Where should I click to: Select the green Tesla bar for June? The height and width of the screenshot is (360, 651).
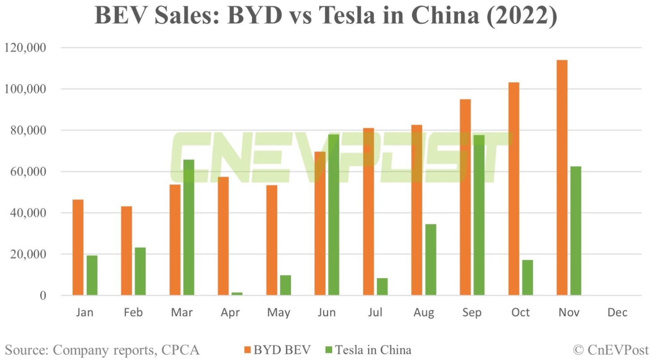click(334, 215)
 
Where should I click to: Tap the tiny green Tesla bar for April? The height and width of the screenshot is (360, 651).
click(237, 294)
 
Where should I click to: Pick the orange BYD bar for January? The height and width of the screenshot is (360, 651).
click(78, 248)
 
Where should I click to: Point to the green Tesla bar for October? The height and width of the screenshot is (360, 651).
click(527, 278)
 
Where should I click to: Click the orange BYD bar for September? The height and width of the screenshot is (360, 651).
click(465, 197)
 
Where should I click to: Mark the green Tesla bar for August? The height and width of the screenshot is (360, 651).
click(431, 260)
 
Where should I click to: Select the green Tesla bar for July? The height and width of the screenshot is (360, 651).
click(382, 287)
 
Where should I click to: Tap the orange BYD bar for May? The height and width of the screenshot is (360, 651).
click(272, 240)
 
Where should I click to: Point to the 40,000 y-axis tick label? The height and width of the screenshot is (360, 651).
click(30, 213)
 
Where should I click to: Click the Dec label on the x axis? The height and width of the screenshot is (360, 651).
click(617, 313)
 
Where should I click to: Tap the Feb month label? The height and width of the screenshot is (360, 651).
click(133, 313)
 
